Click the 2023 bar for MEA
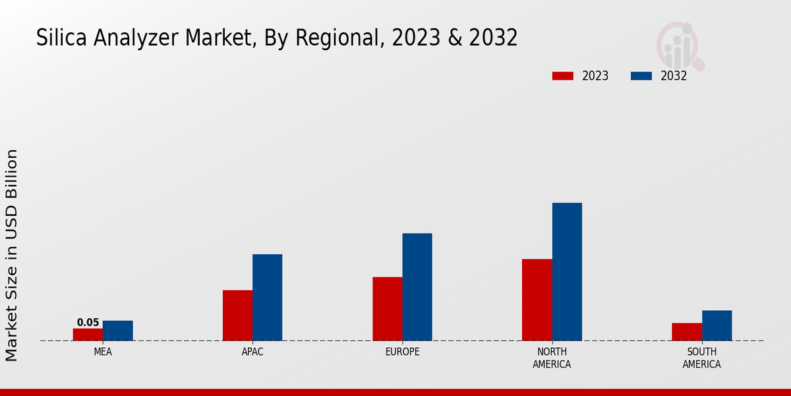point(88,335)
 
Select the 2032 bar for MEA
point(118,331)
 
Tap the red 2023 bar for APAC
point(237,315)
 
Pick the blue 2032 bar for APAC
point(268,298)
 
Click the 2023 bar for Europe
point(388,309)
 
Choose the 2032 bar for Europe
point(417,287)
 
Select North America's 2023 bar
point(537,300)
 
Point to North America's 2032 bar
point(567,272)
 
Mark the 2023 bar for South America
point(687,332)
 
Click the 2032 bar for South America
point(717,325)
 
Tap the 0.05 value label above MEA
point(88,323)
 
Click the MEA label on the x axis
point(103,352)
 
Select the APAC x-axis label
point(252,352)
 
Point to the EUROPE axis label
point(402,352)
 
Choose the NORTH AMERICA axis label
point(552,358)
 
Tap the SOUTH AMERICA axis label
point(701,358)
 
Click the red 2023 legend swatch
point(563,76)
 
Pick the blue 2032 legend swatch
point(641,76)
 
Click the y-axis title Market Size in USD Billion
point(12,255)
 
